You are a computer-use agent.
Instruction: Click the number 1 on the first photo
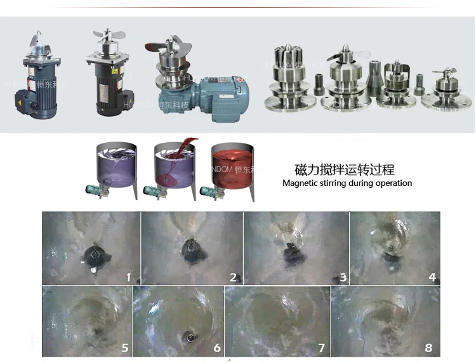click(128, 277)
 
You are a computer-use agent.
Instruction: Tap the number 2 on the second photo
click(234, 277)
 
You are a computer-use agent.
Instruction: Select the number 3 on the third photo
click(343, 277)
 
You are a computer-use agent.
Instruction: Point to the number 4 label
click(433, 277)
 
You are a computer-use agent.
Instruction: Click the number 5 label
click(125, 347)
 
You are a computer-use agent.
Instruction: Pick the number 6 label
click(216, 347)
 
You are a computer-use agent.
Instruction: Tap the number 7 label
click(322, 347)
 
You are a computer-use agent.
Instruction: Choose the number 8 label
click(428, 347)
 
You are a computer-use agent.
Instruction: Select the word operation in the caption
click(393, 183)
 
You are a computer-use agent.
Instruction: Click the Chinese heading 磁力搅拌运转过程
click(345, 169)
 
